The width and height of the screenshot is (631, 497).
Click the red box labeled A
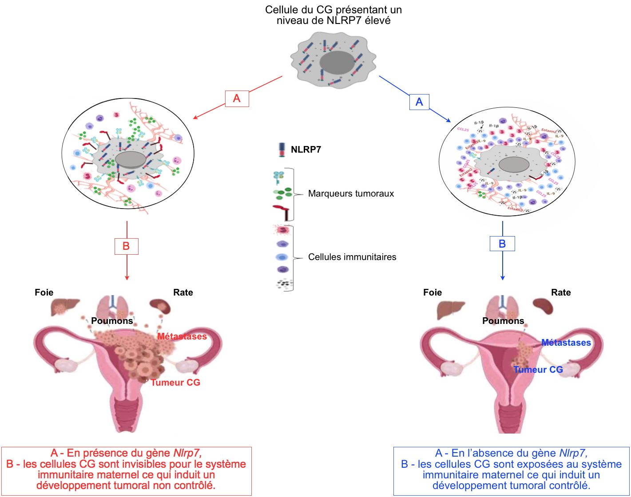pyautogui.click(x=237, y=99)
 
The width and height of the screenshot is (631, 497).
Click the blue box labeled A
pyautogui.click(x=419, y=102)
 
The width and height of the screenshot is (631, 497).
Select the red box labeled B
pyautogui.click(x=126, y=246)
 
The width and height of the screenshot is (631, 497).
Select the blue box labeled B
pyautogui.click(x=502, y=244)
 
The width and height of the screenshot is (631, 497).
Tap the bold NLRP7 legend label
pyautogui.click(x=306, y=150)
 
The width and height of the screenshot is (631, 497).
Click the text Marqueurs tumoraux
pyautogui.click(x=351, y=193)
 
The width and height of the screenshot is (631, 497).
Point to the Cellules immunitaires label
pyautogui.click(x=352, y=257)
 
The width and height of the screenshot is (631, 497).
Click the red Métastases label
pyautogui.click(x=182, y=336)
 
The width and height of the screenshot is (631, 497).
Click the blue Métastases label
pyautogui.click(x=566, y=343)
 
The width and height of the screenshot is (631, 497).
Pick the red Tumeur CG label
pyautogui.click(x=175, y=383)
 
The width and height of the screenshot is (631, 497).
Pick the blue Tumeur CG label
pyautogui.click(x=538, y=370)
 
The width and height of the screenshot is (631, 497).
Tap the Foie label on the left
pyautogui.click(x=44, y=292)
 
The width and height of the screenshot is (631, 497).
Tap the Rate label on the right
pyautogui.click(x=561, y=292)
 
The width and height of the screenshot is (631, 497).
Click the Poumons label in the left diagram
pyautogui.click(x=112, y=321)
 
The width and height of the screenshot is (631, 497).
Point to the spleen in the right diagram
pyautogui.click(x=543, y=306)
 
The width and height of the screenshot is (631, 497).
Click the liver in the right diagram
pyautogui.click(x=450, y=309)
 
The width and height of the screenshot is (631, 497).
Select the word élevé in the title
pyautogui.click(x=377, y=20)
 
